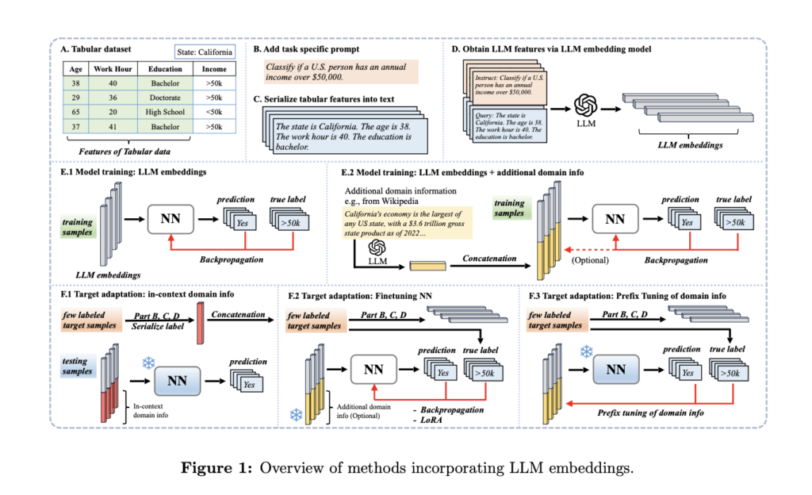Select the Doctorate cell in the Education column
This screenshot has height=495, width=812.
click(x=166, y=97)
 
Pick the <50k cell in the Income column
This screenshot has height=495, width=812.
click(x=213, y=112)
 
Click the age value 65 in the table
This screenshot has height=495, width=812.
click(x=76, y=112)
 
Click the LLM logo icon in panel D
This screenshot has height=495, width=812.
click(x=588, y=106)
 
